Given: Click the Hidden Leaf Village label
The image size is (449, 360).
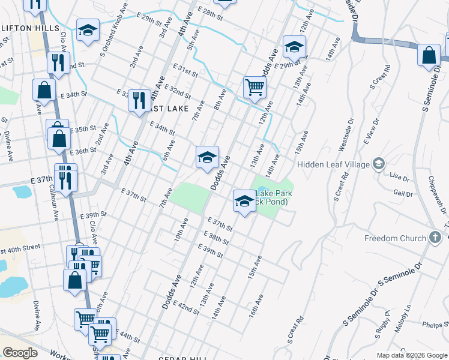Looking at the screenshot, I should pyautogui.click(x=333, y=164).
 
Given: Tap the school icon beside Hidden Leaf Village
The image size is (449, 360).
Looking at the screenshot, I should pyautogui.click(x=378, y=164).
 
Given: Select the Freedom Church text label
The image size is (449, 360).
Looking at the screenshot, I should pyautogui.click(x=395, y=239).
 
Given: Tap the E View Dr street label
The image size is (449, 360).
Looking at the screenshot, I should pyautogui.click(x=372, y=131).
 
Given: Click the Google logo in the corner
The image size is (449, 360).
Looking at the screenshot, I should pyautogui.click(x=20, y=352).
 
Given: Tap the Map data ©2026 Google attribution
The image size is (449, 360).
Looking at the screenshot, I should pyautogui.click(x=411, y=355).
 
